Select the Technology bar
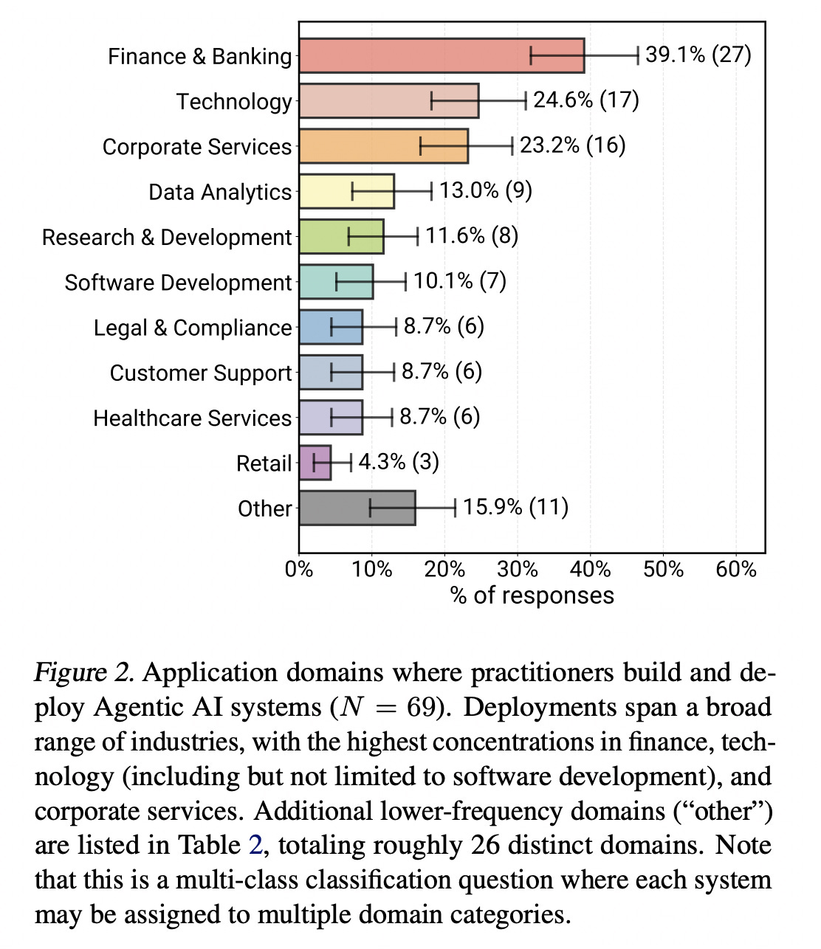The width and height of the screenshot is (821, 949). (388, 101)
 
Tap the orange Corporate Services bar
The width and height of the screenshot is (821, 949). (383, 146)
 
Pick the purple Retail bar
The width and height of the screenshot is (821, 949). (315, 463)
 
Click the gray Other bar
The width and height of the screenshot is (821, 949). (357, 508)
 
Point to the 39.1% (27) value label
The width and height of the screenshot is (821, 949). (698, 55)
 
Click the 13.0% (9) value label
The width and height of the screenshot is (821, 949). (486, 190)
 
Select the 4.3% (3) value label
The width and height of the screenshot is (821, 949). (399, 462)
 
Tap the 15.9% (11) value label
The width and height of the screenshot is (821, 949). (515, 507)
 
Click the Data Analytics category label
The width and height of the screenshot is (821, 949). (220, 192)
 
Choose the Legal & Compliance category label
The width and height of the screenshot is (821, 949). (193, 328)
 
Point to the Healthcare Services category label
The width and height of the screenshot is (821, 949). (192, 418)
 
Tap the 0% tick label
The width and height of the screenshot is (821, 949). (299, 570)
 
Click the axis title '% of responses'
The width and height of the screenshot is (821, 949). (532, 596)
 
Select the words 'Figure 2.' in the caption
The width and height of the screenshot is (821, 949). (84, 673)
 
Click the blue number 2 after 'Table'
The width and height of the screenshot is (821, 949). (255, 846)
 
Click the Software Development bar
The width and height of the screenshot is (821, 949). (336, 282)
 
